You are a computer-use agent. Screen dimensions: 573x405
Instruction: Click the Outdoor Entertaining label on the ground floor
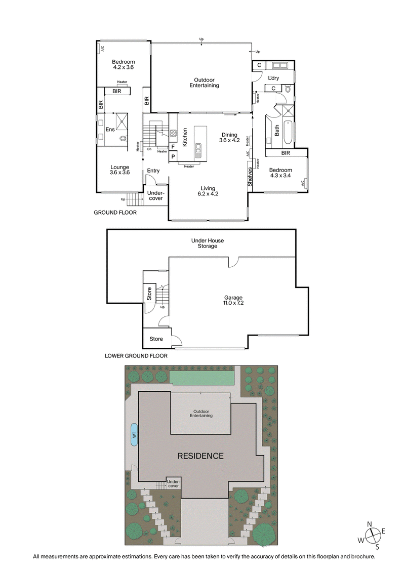click(x=204, y=83)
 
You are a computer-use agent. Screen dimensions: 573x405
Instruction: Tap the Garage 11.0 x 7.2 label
click(x=234, y=301)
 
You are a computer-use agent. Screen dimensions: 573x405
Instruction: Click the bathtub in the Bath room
click(x=287, y=133)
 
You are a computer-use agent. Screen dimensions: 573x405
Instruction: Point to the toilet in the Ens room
click(x=123, y=138)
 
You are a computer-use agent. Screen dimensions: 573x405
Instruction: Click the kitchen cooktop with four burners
click(x=173, y=134)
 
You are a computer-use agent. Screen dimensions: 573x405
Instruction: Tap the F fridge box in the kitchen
click(x=173, y=147)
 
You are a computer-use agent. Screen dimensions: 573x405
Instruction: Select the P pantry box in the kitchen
click(x=173, y=157)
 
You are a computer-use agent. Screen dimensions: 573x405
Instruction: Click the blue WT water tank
click(x=134, y=434)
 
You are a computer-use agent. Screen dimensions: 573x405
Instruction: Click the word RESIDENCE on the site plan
click(x=200, y=456)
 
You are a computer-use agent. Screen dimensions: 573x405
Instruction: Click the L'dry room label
click(x=273, y=78)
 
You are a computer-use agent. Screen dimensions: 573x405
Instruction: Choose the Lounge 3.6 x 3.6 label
click(x=119, y=170)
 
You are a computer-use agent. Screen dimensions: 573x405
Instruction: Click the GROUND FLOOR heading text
click(x=115, y=213)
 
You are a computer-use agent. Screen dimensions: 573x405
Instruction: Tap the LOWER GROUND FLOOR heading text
click(x=136, y=356)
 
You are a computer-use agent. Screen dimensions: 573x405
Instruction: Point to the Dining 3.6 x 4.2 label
click(x=228, y=138)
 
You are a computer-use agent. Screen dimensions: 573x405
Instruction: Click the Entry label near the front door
click(x=153, y=171)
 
